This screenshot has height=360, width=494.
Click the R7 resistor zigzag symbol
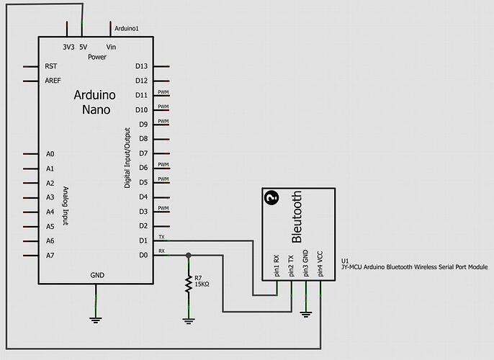click(189, 284)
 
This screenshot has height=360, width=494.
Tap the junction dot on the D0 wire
click(189, 256)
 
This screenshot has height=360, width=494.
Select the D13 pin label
click(141, 66)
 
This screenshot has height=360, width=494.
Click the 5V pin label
click(84, 48)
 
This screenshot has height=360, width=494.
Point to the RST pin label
click(51, 66)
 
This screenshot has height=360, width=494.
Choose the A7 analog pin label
click(50, 256)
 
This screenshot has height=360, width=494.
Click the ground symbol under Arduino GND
click(96, 320)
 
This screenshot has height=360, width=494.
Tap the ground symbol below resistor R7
click(189, 321)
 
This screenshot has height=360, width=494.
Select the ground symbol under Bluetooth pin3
click(305, 314)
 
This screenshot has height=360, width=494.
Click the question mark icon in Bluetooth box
click(271, 198)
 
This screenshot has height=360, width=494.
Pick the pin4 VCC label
click(320, 264)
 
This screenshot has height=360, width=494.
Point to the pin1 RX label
click(277, 266)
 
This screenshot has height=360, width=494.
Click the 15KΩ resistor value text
click(202, 284)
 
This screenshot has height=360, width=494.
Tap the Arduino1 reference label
click(127, 28)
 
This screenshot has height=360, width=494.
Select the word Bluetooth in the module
click(297, 217)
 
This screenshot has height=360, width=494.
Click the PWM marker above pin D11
click(163, 92)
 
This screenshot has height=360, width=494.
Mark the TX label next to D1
click(161, 237)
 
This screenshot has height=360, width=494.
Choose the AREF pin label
click(53, 81)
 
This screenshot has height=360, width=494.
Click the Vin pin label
click(111, 48)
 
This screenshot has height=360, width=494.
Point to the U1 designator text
click(345, 261)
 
